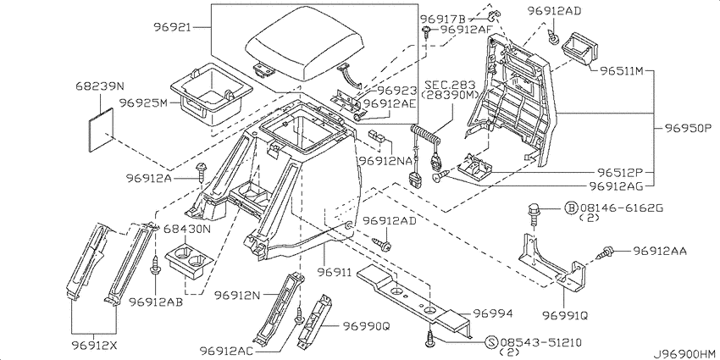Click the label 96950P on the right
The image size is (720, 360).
tap(686, 127)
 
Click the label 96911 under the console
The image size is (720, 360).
tap(335, 273)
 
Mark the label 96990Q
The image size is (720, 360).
tap(366, 326)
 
